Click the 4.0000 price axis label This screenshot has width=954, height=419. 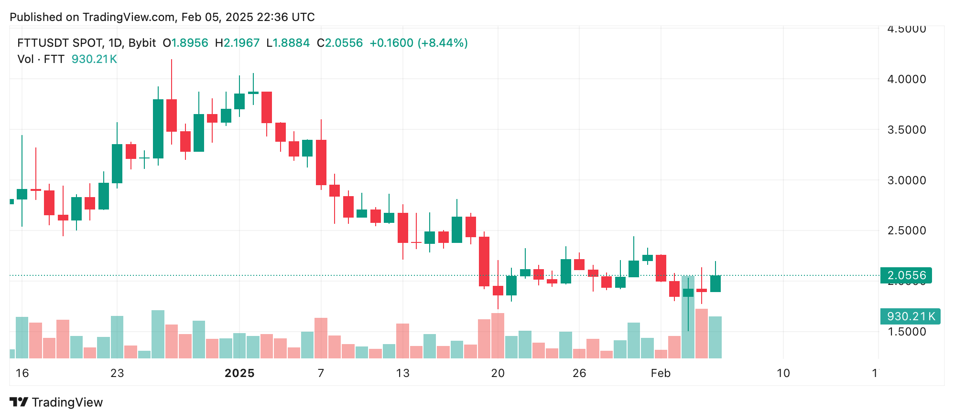click(x=906, y=79)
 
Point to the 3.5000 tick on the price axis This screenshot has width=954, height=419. click(x=906, y=130)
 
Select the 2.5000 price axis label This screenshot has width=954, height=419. click(x=906, y=230)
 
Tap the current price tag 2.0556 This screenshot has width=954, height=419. click(x=906, y=275)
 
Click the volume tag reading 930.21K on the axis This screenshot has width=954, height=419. click(x=910, y=316)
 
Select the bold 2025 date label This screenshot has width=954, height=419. click(x=239, y=373)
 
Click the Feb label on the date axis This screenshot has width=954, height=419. click(x=661, y=373)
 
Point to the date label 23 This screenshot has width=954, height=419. click(x=117, y=373)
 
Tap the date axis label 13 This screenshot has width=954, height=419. click(x=402, y=373)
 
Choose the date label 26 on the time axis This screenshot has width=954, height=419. click(x=579, y=373)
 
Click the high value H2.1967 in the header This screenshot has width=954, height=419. click(x=237, y=43)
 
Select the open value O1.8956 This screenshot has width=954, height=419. click(x=185, y=43)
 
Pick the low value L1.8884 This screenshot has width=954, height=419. click(x=288, y=43)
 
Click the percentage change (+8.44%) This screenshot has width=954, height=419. click(x=443, y=43)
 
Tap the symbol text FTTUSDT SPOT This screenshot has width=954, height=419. click(x=60, y=43)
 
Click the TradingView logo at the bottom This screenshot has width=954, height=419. click(x=56, y=402)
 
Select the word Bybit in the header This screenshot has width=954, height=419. click(x=142, y=43)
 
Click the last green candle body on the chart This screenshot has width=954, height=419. click(x=715, y=283)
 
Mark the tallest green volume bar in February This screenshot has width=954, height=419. click(x=688, y=317)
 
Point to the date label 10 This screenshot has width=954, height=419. click(x=783, y=373)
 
